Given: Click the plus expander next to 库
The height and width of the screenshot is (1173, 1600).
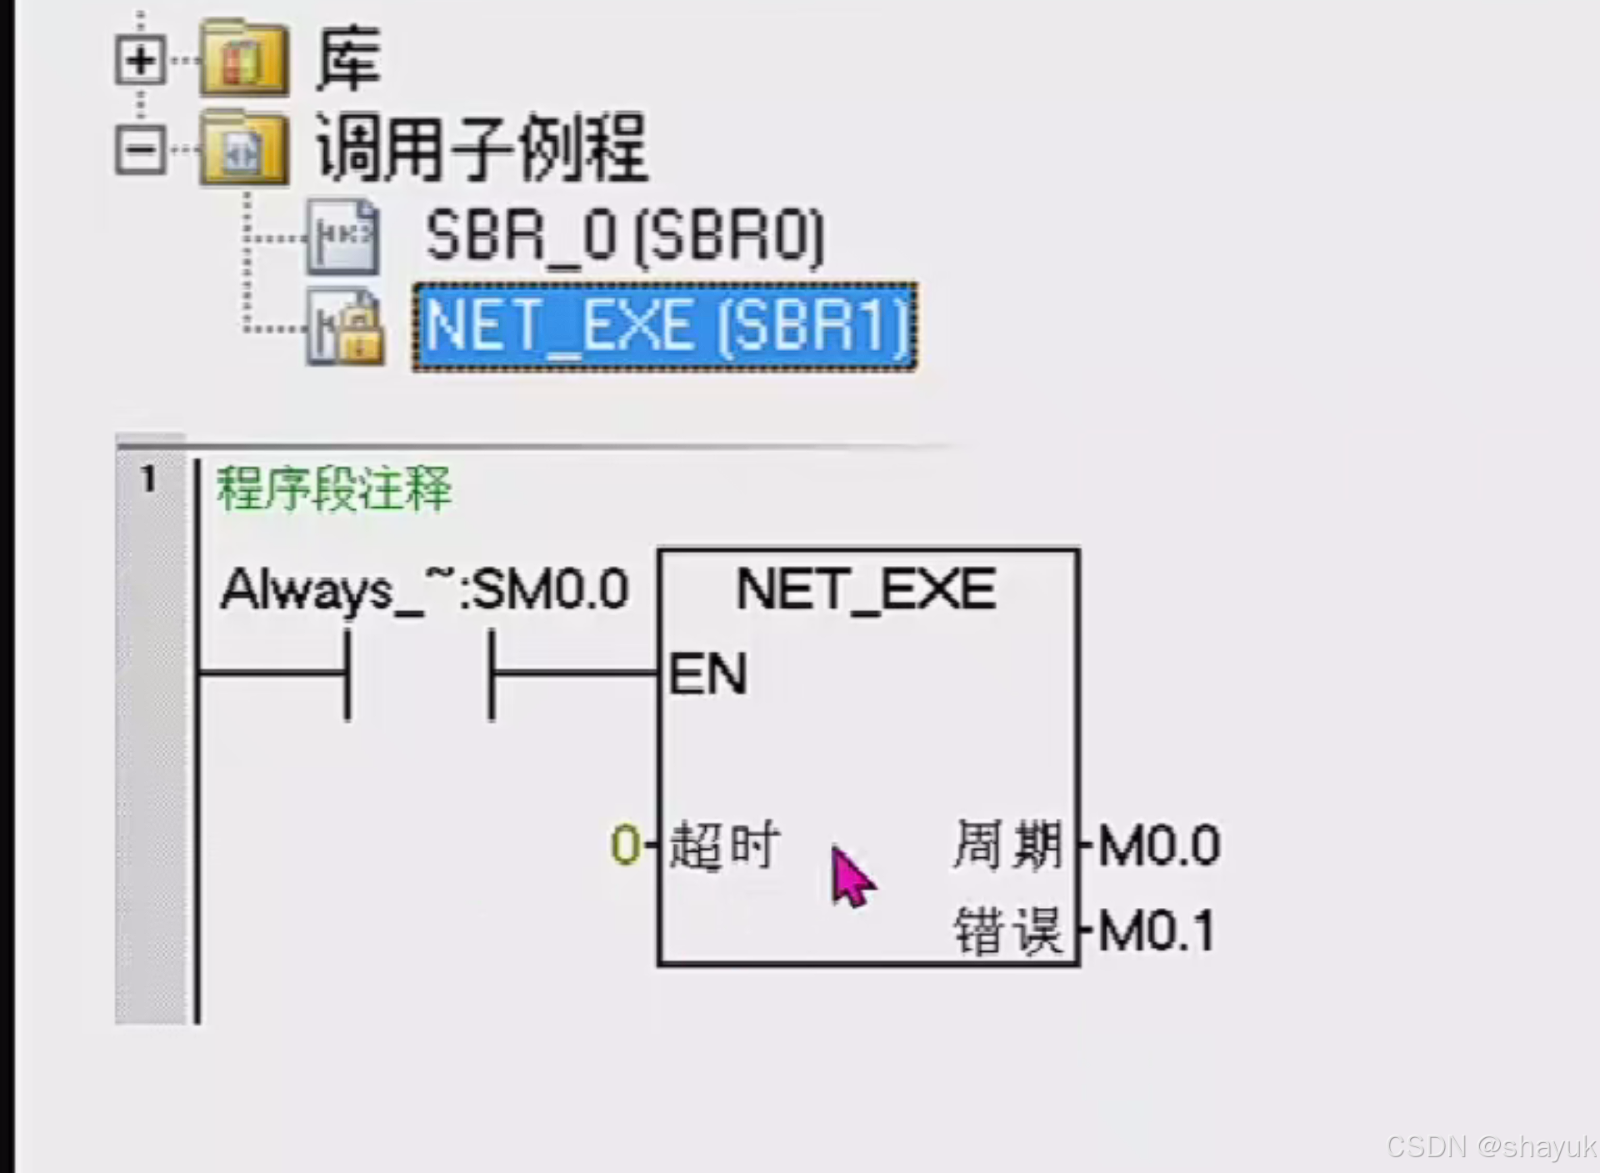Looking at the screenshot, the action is [x=140, y=60].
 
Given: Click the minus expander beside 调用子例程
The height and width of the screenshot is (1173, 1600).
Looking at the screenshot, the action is [x=140, y=151].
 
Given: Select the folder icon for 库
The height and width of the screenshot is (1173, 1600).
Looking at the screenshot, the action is [x=244, y=58].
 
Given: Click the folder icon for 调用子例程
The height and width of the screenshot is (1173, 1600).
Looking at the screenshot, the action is [x=244, y=149].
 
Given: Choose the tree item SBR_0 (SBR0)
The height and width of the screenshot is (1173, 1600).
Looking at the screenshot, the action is [x=624, y=237].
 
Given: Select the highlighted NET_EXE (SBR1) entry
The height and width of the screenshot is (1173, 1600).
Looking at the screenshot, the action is [x=665, y=327].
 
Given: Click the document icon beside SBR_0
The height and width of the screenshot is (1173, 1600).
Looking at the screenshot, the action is [x=342, y=237].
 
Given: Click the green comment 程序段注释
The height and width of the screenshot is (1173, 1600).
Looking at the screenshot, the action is [x=333, y=489].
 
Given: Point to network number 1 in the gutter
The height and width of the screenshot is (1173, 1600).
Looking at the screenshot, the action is [x=148, y=479].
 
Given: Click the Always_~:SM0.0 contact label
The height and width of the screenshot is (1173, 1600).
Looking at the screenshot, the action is [x=424, y=590].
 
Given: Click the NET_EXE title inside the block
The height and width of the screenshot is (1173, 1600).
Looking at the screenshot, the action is [x=866, y=590].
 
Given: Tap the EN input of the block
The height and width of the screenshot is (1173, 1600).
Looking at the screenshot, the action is [x=707, y=674].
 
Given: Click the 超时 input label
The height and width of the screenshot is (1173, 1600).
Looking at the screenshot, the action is [x=724, y=845].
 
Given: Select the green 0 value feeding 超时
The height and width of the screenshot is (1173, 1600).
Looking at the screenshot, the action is [x=625, y=845].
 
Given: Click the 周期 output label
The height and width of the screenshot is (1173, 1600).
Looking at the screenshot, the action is [x=1007, y=845].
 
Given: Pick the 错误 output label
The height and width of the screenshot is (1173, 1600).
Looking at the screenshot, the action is [x=1007, y=930].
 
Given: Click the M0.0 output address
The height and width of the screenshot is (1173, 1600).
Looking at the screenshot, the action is [x=1158, y=845].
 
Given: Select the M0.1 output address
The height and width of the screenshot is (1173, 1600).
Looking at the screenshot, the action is [x=1156, y=930].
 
